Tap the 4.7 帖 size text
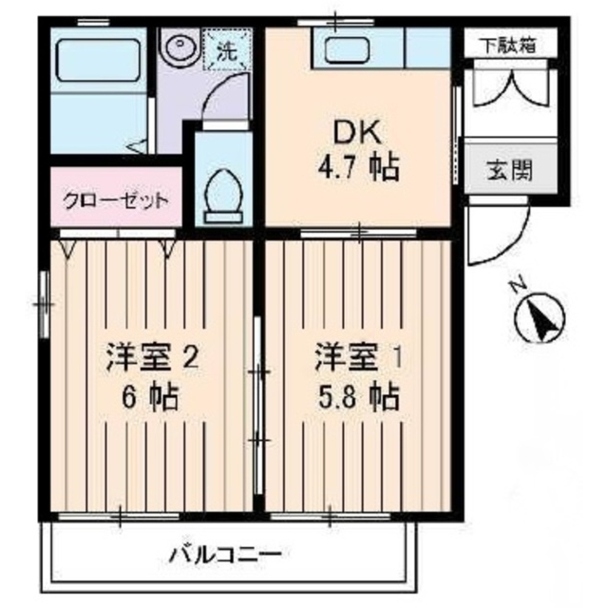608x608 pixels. [357, 167]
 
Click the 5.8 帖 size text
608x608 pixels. [357, 398]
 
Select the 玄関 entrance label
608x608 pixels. [509, 171]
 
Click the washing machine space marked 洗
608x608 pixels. [227, 49]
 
